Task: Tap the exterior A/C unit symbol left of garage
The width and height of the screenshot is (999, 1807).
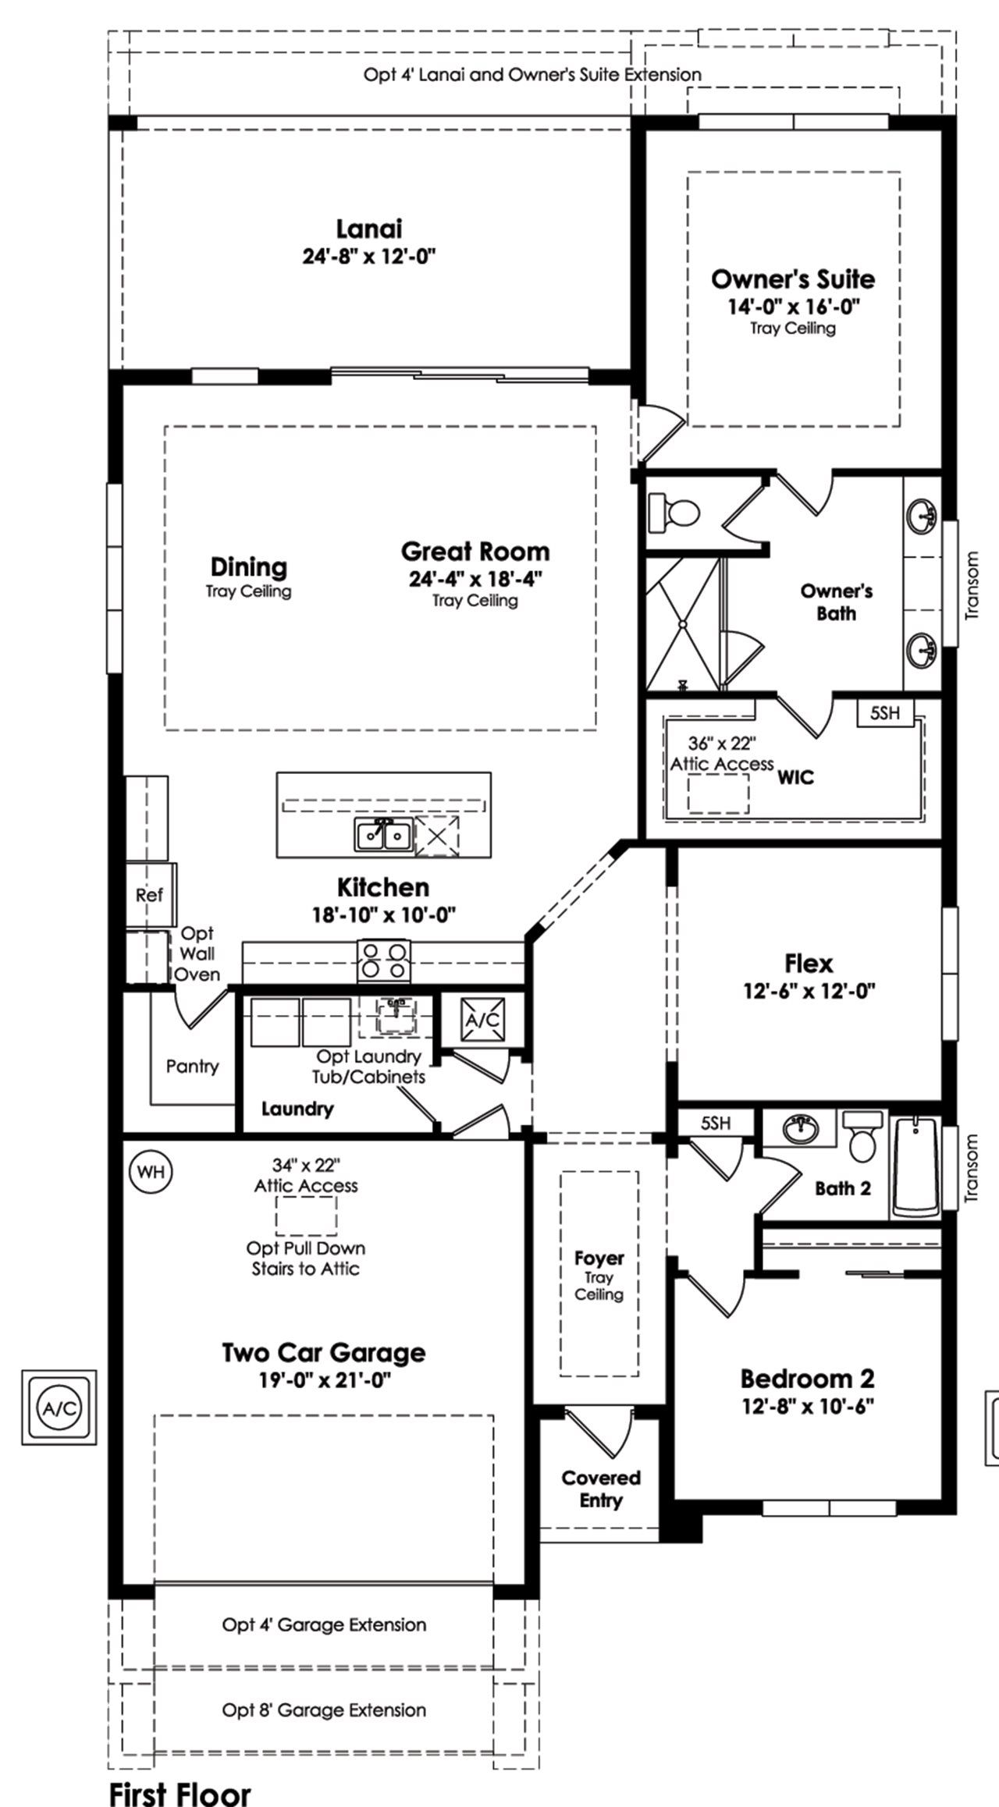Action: tap(59, 1408)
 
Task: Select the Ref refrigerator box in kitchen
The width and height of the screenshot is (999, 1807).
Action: tap(150, 895)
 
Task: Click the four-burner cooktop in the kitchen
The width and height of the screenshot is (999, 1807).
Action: tap(383, 961)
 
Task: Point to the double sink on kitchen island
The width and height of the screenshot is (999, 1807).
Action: tap(383, 836)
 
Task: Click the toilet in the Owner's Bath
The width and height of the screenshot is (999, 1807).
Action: tap(675, 513)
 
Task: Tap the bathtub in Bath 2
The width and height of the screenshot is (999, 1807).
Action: tap(915, 1167)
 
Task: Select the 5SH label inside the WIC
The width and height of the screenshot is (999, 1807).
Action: tap(884, 712)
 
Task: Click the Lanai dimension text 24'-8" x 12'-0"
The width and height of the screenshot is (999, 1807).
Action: tap(368, 257)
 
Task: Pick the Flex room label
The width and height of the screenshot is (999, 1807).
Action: tap(809, 963)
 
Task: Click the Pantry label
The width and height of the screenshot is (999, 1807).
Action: tap(192, 1066)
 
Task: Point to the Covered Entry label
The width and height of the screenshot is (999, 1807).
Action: tap(601, 1489)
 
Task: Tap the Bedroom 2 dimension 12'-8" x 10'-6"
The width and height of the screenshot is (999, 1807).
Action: tap(807, 1406)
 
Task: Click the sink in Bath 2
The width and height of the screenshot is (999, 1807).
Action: tap(799, 1128)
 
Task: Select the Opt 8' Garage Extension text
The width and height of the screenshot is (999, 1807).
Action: tap(324, 1709)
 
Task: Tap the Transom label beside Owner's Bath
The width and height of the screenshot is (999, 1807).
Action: tap(971, 585)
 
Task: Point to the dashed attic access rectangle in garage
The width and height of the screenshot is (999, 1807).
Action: tap(306, 1215)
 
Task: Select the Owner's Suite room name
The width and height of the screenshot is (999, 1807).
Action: tap(793, 279)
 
